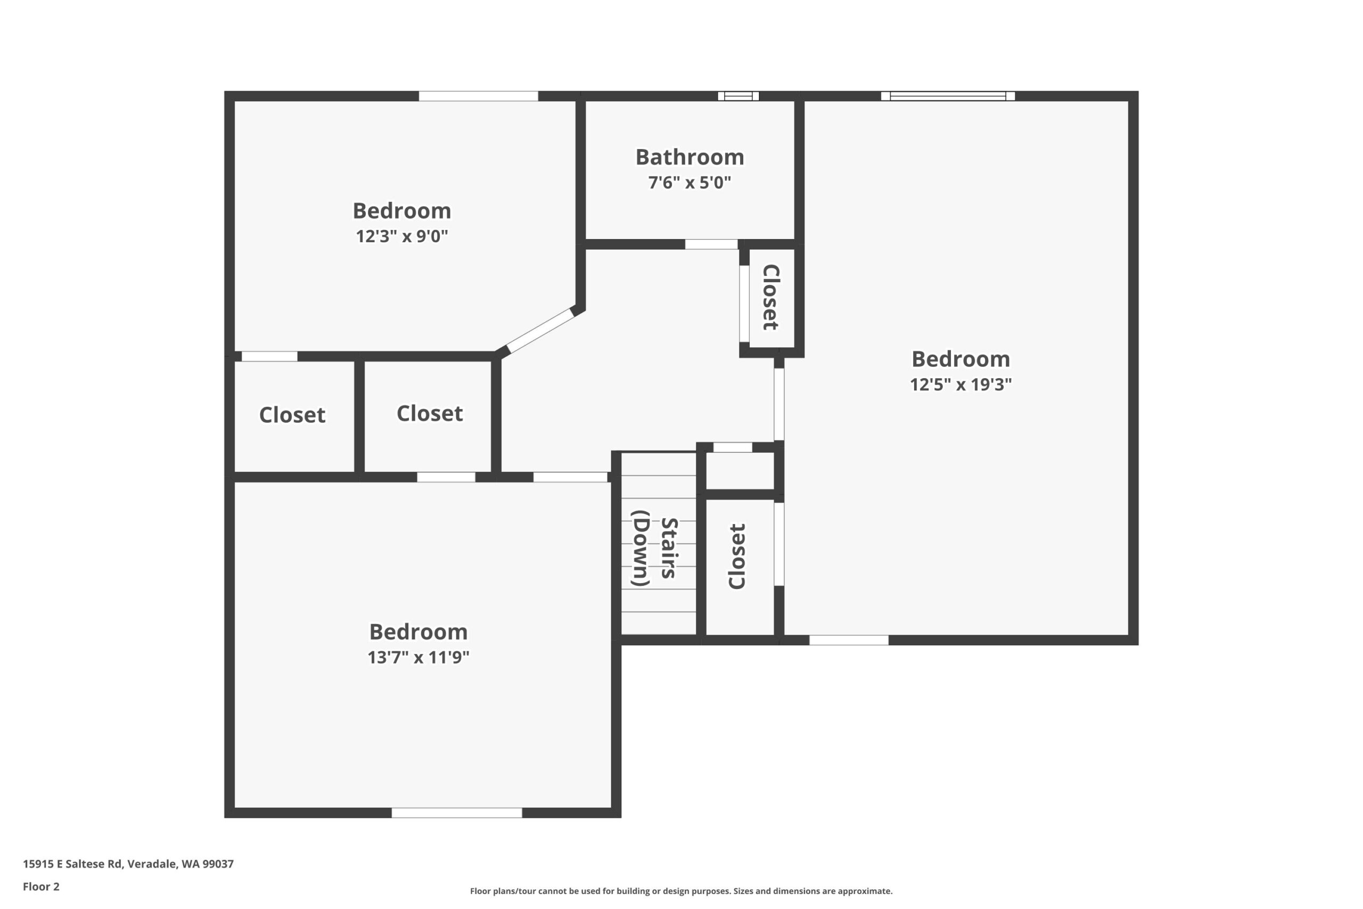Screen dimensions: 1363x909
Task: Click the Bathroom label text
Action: [x=689, y=157]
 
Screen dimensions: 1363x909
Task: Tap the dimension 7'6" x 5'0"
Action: [x=689, y=183]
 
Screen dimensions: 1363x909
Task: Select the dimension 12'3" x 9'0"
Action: [x=401, y=236]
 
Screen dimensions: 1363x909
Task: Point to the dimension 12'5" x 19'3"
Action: [x=960, y=384]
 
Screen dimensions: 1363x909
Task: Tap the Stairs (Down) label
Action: [x=655, y=548]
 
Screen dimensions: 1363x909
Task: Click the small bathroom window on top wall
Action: [x=738, y=96]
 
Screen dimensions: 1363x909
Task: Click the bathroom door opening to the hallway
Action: [x=711, y=244]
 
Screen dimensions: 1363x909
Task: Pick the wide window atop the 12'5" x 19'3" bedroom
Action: [x=948, y=96]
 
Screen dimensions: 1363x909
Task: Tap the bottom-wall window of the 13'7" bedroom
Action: [x=457, y=813]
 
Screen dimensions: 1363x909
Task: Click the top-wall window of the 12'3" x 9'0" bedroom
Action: [x=478, y=96]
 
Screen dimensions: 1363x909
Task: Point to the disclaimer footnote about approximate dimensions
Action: [x=681, y=891]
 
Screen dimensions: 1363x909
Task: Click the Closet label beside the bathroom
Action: [x=771, y=297]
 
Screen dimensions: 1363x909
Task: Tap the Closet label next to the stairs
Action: [x=737, y=556]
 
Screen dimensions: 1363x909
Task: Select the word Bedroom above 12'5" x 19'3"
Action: [x=960, y=359]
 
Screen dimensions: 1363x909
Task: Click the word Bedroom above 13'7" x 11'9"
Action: [x=418, y=632]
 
